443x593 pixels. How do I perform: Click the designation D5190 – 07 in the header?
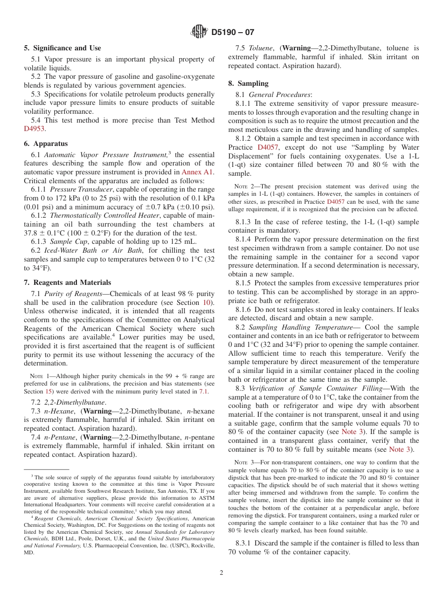click(x=233, y=32)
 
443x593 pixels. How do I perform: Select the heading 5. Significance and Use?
click(x=62, y=48)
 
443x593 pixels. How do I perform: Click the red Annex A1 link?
click(x=198, y=172)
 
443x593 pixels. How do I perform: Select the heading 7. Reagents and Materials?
click(x=68, y=283)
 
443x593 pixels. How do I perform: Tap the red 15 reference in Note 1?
click(x=48, y=391)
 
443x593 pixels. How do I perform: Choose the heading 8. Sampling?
click(x=248, y=83)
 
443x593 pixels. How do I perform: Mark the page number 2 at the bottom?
click(x=221, y=573)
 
